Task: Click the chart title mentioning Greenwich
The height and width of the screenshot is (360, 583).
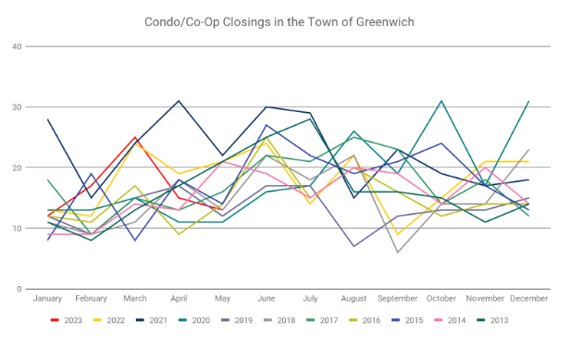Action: click(x=279, y=22)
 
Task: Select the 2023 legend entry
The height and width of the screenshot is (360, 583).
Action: click(x=67, y=320)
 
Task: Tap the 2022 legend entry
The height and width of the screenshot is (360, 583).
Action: click(x=109, y=320)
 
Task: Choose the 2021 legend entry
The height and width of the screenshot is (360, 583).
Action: click(x=152, y=320)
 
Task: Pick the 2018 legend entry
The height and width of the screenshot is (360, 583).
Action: click(x=279, y=320)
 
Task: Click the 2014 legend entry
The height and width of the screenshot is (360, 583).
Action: click(x=450, y=320)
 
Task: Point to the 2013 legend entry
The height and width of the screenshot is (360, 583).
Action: click(x=492, y=320)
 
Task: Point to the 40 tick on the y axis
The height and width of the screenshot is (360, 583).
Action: click(x=17, y=46)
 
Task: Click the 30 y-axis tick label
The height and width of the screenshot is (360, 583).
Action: click(x=17, y=107)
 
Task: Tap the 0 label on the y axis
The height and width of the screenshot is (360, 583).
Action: click(x=19, y=289)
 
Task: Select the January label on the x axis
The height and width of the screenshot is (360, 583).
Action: click(x=47, y=298)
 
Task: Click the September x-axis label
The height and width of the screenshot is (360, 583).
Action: click(x=398, y=298)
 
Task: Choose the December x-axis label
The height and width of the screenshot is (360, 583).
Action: click(x=528, y=298)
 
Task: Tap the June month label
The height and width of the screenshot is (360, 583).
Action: click(x=267, y=298)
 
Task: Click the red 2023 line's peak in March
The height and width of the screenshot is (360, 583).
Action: click(x=135, y=137)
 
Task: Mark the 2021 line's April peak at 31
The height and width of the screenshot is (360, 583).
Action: click(x=179, y=101)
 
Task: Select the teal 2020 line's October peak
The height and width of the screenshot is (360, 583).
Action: click(x=441, y=101)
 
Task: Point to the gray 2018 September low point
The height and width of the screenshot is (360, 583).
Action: click(x=398, y=253)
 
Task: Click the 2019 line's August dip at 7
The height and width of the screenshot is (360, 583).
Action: click(x=354, y=246)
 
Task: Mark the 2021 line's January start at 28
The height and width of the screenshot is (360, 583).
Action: click(x=47, y=119)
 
